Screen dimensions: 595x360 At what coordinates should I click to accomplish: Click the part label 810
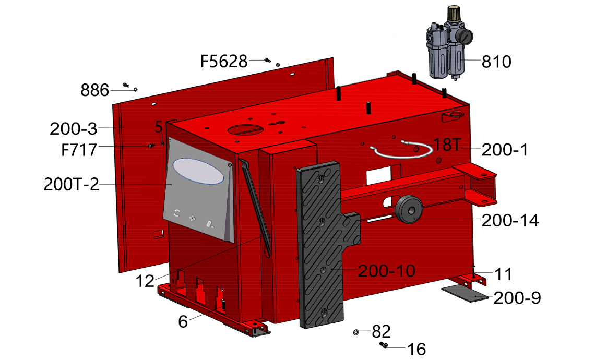tap(496, 62)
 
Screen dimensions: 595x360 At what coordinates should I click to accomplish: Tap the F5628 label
tap(224, 62)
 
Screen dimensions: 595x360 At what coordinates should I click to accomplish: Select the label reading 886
tap(94, 91)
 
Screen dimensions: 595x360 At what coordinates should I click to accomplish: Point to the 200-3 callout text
tap(74, 129)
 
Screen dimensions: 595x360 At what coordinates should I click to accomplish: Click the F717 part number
tap(79, 150)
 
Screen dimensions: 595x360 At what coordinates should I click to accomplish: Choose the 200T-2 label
tap(72, 185)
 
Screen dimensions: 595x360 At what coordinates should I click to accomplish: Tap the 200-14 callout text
tap(510, 221)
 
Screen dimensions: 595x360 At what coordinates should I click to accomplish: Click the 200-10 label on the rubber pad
tap(386, 271)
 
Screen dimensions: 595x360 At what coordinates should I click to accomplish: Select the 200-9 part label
tap(517, 298)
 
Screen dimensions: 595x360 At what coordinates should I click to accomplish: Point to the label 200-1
tap(505, 150)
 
